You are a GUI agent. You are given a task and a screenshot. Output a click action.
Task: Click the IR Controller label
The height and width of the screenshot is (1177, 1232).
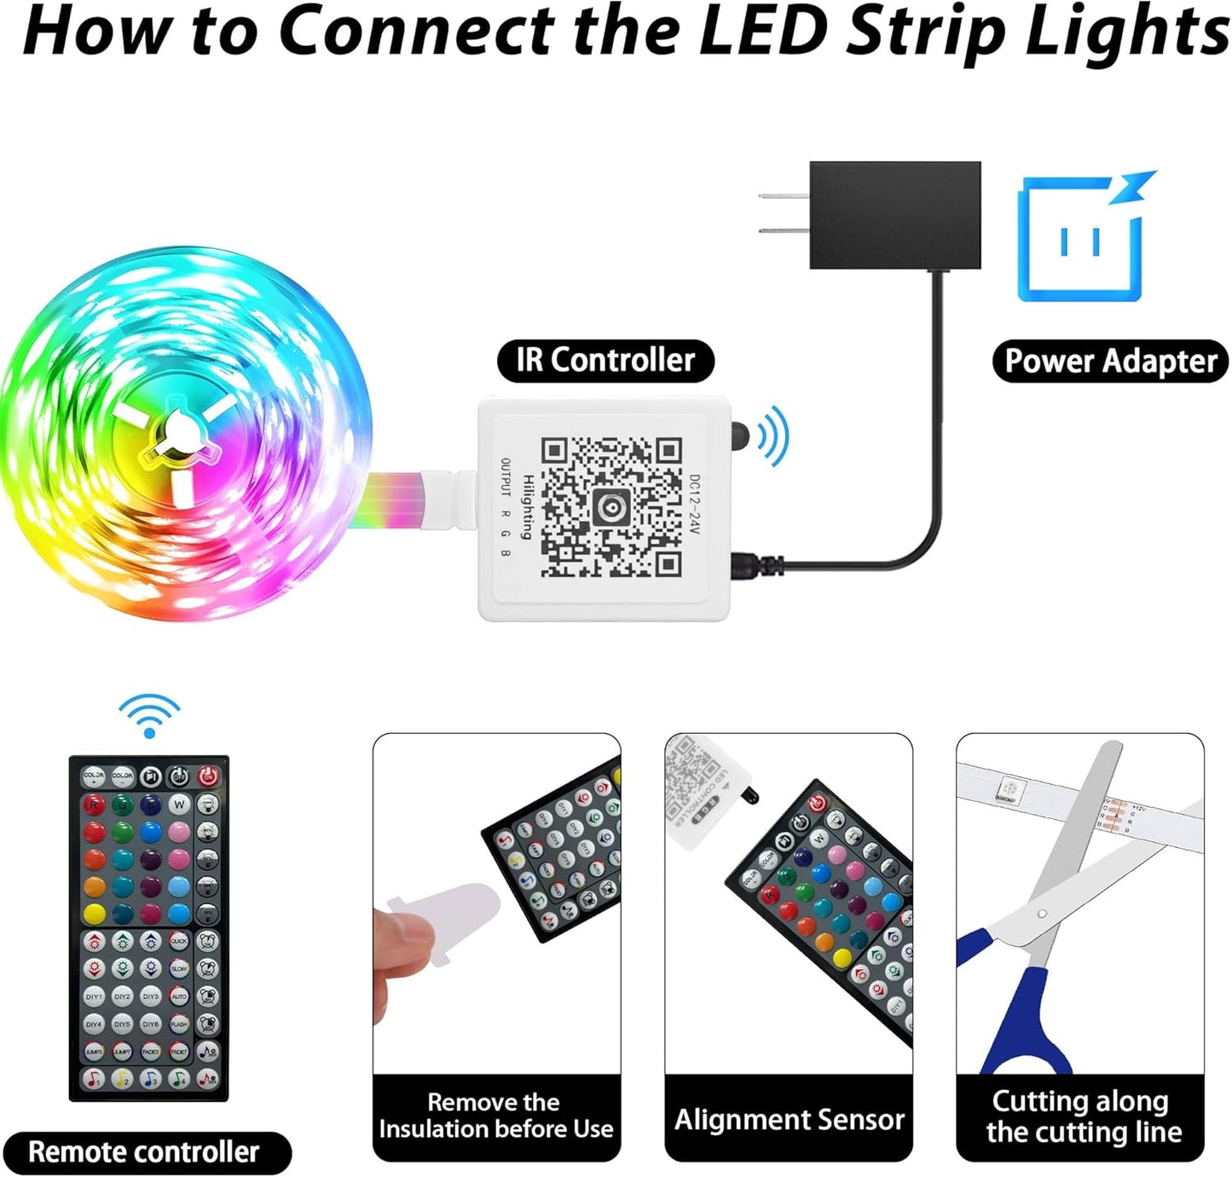pos(604,361)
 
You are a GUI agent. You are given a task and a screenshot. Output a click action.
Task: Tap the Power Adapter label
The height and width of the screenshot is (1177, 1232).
pos(1110,361)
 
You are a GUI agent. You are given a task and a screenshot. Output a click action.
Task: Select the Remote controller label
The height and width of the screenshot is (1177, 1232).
pos(144,1152)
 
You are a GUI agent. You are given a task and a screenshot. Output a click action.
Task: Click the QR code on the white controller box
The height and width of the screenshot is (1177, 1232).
pos(610,508)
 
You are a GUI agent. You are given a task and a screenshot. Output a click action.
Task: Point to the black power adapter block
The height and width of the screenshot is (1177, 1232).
pos(894,215)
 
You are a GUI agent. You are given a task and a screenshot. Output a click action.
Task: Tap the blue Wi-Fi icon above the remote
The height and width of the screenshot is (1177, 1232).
pos(149,714)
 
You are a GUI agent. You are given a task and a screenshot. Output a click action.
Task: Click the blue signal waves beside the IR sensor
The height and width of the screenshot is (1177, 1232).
pos(773,436)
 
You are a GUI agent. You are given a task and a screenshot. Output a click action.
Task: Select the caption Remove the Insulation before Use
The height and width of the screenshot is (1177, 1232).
pos(495,1116)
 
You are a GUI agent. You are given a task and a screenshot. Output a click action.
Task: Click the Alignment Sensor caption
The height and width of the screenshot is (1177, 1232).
pos(789,1119)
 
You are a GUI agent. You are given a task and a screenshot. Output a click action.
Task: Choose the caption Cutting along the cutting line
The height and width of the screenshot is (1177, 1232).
pos(1081,1116)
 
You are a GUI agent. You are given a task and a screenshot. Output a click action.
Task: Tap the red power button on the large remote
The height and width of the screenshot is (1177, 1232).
pos(207,776)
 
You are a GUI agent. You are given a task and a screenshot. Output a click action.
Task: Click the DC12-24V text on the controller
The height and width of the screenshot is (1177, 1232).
pos(694,505)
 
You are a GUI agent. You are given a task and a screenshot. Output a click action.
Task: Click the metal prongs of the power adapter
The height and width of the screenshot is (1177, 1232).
pos(784,213)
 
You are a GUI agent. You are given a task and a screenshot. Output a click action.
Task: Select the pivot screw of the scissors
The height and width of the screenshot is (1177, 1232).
pos(1042,914)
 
